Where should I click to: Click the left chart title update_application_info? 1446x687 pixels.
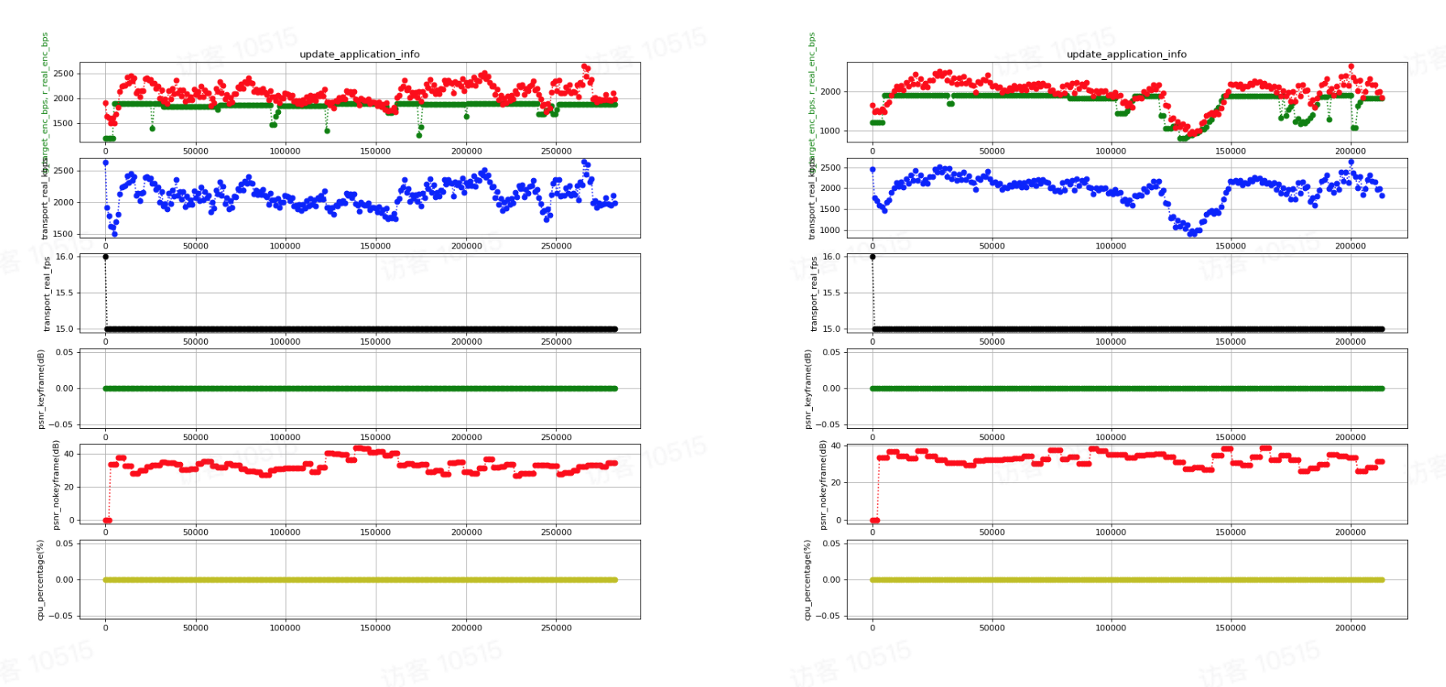tap(359, 54)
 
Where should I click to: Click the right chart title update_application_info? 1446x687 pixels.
tap(1126, 54)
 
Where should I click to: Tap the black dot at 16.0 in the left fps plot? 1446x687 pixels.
tap(105, 257)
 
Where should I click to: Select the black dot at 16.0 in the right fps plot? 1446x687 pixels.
tap(872, 257)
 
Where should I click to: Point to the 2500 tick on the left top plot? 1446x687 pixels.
tap(63, 74)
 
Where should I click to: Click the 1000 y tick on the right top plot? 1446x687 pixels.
tap(831, 131)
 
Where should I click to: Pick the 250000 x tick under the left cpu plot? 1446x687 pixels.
tap(556, 628)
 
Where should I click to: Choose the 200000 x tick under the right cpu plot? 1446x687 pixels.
tap(1350, 628)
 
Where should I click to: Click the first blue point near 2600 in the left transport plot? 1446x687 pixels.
tap(105, 163)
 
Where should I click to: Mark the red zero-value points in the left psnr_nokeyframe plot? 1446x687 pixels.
tap(107, 520)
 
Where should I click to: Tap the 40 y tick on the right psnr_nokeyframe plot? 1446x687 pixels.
tap(836, 446)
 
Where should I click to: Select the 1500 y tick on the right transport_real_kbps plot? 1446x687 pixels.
tap(831, 210)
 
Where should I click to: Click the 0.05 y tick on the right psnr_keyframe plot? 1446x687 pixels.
tap(831, 353)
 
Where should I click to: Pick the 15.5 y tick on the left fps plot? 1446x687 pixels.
tap(64, 293)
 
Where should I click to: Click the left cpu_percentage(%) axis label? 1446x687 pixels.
tap(40, 580)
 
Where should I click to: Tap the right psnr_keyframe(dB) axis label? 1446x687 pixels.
tap(807, 389)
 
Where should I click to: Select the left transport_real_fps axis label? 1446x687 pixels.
tap(46, 295)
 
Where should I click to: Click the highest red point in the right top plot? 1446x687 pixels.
tap(1350, 67)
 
